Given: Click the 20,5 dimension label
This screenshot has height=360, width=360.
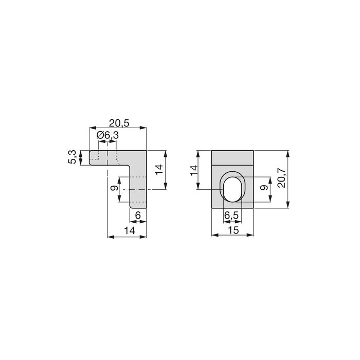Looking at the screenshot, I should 119,122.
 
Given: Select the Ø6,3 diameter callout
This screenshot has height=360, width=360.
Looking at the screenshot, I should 109,135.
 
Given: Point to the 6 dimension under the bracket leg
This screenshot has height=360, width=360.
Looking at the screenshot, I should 138,215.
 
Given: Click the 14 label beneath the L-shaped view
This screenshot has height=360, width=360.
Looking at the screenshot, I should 129,230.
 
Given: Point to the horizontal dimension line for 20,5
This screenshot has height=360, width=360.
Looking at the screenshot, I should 118,128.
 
